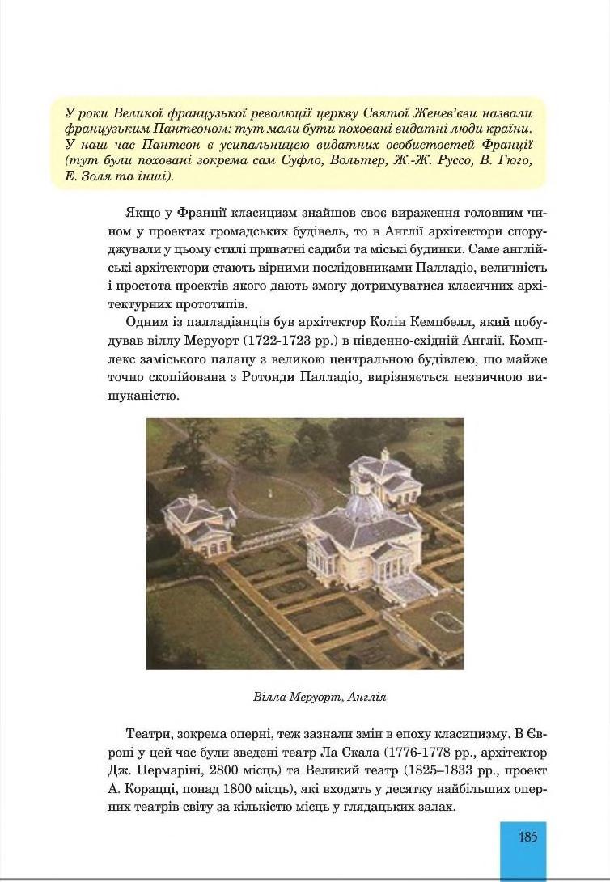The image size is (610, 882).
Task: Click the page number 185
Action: coord(527,837)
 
